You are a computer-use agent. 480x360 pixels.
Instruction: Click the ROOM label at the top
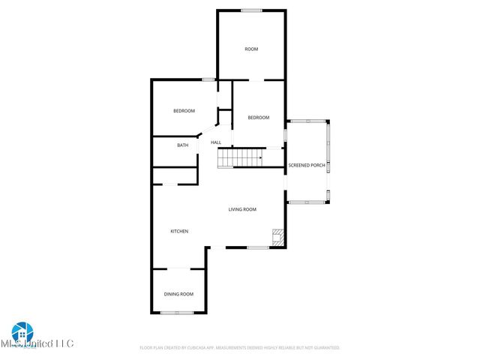pos(251,49)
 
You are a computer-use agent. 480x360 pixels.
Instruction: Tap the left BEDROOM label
pos(184,111)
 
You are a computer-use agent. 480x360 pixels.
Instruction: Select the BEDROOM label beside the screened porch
pos(259,117)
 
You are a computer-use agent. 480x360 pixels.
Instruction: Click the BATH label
pos(182,145)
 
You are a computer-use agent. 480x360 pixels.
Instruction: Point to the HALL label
pos(216,142)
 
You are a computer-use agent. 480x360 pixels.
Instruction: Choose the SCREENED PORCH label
pos(307,164)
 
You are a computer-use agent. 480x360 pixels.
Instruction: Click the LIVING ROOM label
pos(242,209)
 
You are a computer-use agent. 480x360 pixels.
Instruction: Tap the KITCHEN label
pos(178,231)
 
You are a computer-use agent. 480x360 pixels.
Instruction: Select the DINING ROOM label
pos(178,294)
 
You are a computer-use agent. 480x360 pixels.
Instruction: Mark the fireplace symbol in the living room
pos(278,238)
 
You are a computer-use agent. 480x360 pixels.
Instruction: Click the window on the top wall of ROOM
pos(251,10)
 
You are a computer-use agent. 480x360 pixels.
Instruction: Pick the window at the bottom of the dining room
pos(178,312)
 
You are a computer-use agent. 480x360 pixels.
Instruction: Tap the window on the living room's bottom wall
pos(257,247)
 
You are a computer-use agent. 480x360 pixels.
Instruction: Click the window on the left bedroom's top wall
pos(208,79)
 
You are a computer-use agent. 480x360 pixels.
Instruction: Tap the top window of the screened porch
pos(307,121)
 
